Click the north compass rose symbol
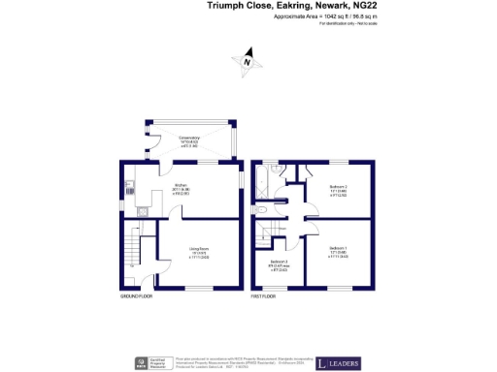point(248,60)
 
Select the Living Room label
point(201,255)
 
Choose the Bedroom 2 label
point(339,188)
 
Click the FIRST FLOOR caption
point(265,295)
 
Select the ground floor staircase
point(134,254)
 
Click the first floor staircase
point(265,237)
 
